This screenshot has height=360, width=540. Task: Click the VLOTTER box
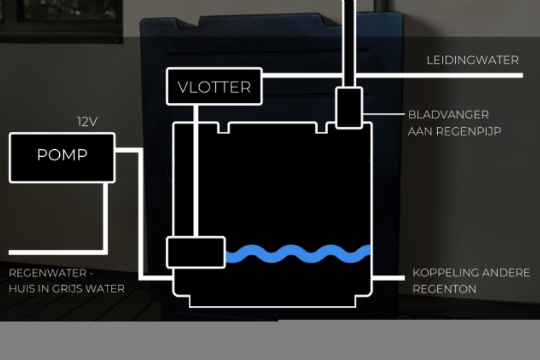(x=214, y=87)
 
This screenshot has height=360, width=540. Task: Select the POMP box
(x=62, y=156)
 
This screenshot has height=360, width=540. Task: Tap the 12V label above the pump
(x=87, y=122)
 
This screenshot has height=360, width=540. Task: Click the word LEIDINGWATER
(x=473, y=60)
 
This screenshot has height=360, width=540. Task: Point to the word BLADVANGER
(x=448, y=115)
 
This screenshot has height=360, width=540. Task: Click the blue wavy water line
(x=297, y=253)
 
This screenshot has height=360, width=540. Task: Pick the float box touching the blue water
(x=196, y=253)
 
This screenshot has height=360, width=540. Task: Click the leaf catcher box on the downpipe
(x=349, y=107)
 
